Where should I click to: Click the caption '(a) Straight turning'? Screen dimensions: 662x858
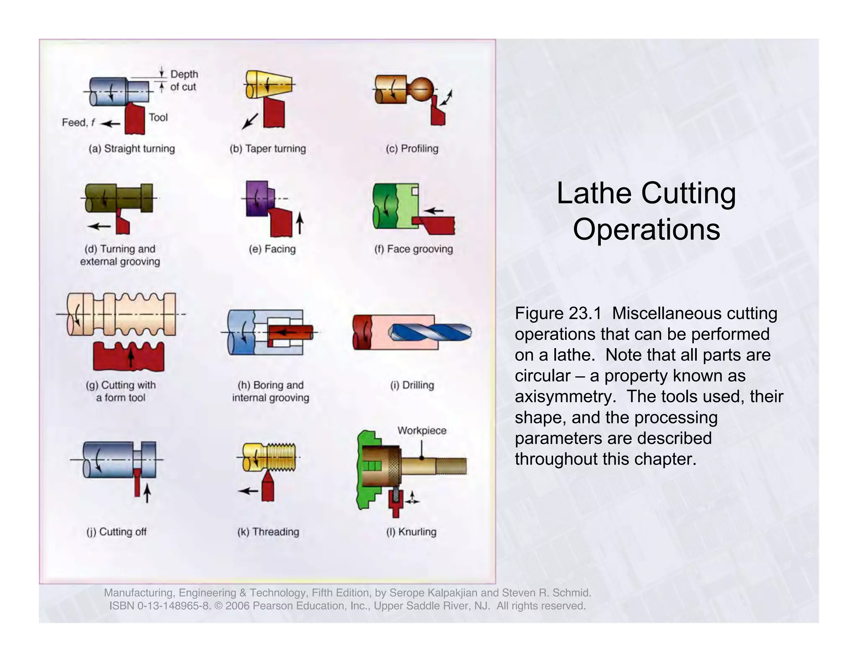point(132,149)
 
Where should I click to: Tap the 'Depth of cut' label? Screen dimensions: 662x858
point(184,80)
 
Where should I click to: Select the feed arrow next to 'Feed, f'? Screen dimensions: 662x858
point(111,123)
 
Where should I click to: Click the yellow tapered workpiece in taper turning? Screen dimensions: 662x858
point(268,85)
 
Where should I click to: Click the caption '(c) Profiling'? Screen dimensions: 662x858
point(412,149)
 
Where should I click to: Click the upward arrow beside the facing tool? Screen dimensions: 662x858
point(300,223)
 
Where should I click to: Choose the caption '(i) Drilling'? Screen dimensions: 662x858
point(412,385)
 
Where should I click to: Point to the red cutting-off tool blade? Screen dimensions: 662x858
point(137,482)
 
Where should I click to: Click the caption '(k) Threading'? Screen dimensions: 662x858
point(268,532)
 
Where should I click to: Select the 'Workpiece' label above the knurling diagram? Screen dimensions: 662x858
point(422,431)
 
